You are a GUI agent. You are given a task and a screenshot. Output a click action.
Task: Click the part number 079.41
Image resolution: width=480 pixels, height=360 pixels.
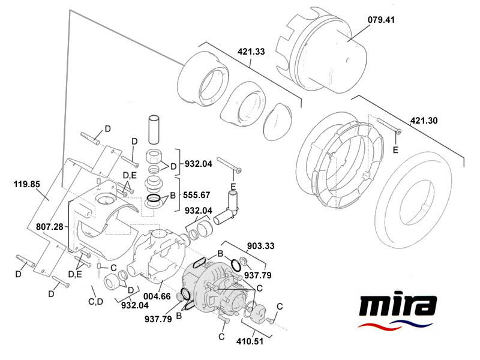382,19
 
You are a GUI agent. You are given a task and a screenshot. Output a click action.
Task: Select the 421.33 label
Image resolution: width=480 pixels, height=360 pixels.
251,52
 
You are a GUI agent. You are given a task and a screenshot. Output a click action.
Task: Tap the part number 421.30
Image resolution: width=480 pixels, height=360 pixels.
424,121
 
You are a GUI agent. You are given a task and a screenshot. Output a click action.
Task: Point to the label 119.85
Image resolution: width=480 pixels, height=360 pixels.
27,185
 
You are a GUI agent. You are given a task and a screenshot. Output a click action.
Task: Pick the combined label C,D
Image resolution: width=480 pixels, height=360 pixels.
95,301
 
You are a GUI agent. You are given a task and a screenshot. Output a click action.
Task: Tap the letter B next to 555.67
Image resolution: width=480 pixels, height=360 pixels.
172,196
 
